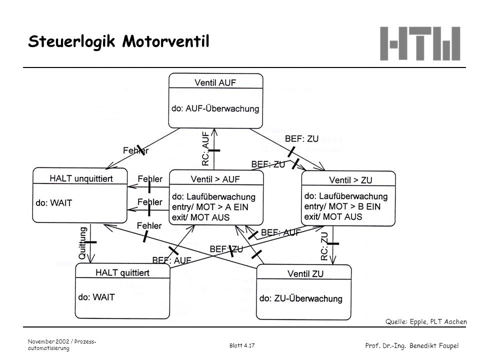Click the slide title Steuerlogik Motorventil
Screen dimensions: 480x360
tap(119, 41)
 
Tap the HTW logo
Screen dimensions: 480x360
tap(420, 43)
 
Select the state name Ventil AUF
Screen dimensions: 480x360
tap(215, 82)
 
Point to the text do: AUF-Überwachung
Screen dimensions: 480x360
tap(215, 108)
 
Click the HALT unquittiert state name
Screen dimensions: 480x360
tap(81, 178)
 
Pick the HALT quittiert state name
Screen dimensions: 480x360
tap(122, 272)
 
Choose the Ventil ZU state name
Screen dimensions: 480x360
tap(305, 273)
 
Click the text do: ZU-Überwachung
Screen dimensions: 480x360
tap(300, 298)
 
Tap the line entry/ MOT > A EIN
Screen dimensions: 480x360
tap(210, 207)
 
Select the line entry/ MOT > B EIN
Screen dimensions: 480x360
tap(342, 206)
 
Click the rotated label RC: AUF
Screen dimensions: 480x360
tap(205, 148)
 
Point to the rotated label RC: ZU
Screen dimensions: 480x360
tap(324, 246)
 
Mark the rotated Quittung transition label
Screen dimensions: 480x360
tap(82, 243)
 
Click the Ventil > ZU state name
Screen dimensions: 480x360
tap(350, 180)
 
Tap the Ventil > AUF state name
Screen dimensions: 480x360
tap(215, 179)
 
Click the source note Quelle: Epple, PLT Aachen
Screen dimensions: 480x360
tap(426, 321)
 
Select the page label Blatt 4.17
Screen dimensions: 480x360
tap(242, 345)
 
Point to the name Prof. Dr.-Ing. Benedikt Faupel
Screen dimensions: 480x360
tap(412, 346)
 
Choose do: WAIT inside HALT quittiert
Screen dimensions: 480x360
tap(96, 297)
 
